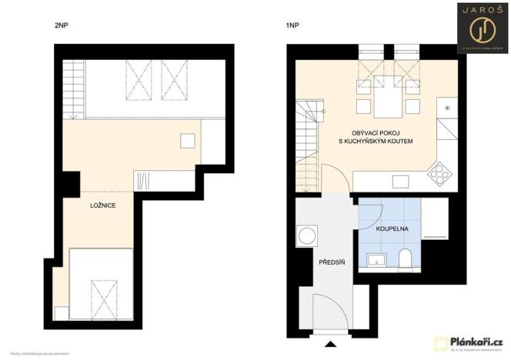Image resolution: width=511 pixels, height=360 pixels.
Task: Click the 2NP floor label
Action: [x=61, y=25]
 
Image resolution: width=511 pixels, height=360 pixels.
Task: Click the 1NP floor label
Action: [x=292, y=25]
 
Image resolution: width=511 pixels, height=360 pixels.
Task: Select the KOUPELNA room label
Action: [x=392, y=228]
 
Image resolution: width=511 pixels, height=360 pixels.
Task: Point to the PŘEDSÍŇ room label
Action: [x=332, y=263]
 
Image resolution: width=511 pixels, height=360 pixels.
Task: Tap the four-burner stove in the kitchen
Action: [x=441, y=175]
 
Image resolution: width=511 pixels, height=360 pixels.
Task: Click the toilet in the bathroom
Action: [x=407, y=259]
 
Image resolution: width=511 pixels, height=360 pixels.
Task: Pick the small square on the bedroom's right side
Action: [x=187, y=140]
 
